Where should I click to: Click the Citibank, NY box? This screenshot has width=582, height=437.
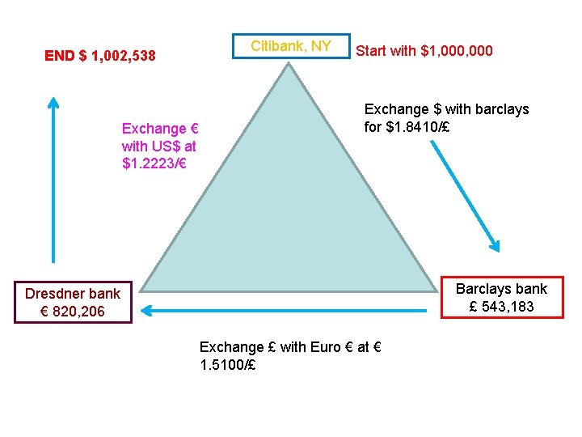[x=291, y=46]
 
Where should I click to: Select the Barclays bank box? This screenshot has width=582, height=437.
[x=501, y=298]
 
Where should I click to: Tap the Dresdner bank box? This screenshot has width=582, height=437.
[x=72, y=302]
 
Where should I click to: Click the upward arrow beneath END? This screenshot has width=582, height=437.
[x=53, y=178]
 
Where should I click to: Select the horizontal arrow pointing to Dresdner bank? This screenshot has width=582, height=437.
[x=283, y=309]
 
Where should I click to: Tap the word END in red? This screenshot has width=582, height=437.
[x=60, y=56]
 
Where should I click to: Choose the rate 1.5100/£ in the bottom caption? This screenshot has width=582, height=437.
[x=228, y=365]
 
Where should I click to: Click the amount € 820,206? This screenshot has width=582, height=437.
[x=72, y=312]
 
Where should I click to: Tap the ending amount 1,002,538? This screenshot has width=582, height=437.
[x=124, y=56]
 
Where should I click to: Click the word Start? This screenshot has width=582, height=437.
[x=373, y=51]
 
